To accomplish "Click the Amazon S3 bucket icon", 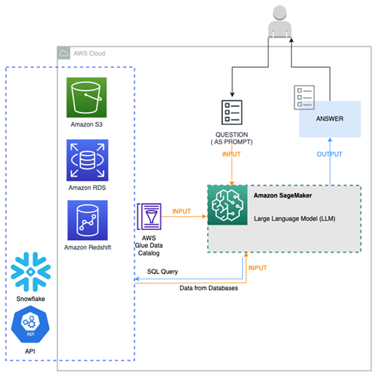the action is coord(86,97).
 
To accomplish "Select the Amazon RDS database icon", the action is coord(87,160).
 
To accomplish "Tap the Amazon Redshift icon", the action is coord(87,220).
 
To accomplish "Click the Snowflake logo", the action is coord(31,272).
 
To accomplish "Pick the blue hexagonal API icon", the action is coord(30,324).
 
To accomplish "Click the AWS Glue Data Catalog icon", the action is coord(149,216).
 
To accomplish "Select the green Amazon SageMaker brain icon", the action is coord(228,205).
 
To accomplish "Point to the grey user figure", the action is coord(279,22).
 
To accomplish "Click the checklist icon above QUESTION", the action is coord(232,112).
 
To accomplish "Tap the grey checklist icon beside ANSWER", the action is coord(304,97).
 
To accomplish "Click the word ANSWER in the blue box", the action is coord(329,119).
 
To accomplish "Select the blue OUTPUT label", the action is coord(329,154).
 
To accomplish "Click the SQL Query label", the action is coord(162,272).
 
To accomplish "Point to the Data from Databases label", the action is coord(208,288).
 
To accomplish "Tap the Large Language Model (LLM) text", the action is coord(295,218).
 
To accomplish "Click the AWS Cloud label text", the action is coord(90,53).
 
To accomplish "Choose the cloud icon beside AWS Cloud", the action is coord(64,53).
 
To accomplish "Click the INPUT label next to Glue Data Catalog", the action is coord(181,211).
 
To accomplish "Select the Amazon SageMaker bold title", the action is coord(282,195).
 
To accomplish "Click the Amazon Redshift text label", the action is coord(88,247).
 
